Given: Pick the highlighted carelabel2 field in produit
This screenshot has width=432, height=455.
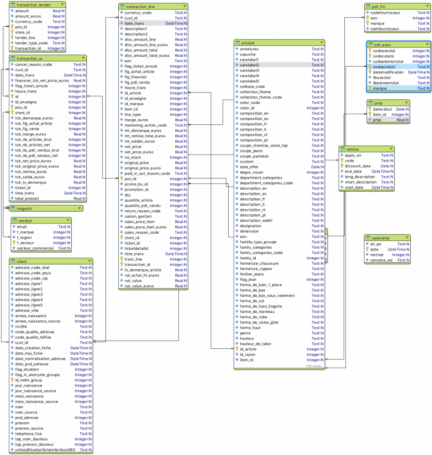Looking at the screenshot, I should tap(250, 65).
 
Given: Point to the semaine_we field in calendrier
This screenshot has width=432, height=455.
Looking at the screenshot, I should tap(381, 260).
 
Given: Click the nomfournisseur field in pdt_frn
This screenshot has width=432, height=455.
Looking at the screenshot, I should tap(386, 29).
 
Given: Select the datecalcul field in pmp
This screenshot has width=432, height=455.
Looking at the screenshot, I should tap(383, 109).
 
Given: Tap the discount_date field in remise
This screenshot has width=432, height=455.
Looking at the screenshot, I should tap(358, 166).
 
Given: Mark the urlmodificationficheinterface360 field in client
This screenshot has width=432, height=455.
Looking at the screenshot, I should tap(45, 450).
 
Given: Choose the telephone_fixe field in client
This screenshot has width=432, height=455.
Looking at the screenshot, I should tap(28, 433).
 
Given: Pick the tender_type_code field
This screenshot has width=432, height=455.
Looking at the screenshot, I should tap(31, 43).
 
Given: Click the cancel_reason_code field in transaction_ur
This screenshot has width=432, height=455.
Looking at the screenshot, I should tap(33, 64).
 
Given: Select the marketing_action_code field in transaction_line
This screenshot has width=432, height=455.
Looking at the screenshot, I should tap(145, 125).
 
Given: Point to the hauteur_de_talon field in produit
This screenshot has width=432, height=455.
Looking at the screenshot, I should tap(255, 343).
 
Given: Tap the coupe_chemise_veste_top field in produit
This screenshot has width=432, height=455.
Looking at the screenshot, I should tap(264, 145).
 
